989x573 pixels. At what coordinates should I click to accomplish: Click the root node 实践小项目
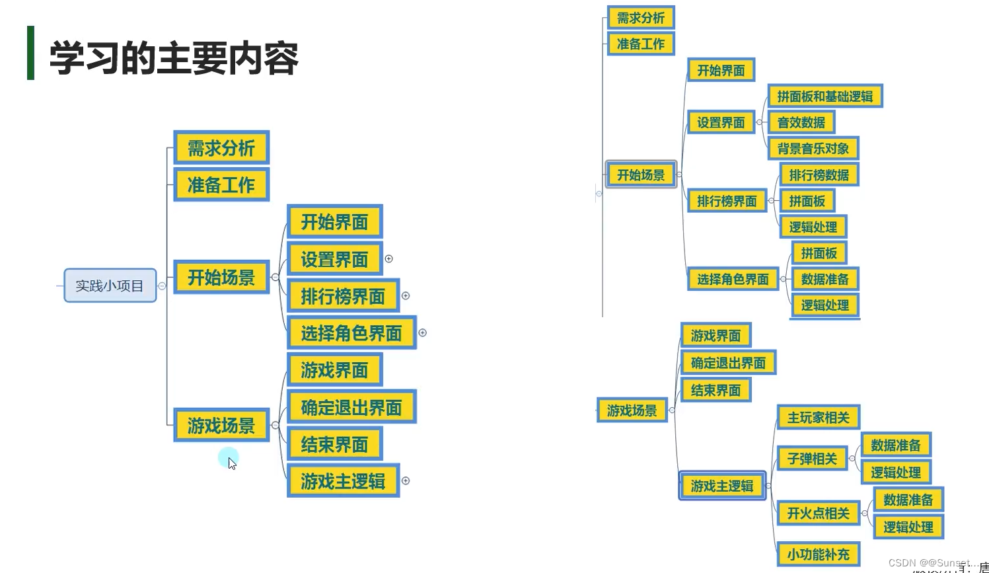pyautogui.click(x=110, y=286)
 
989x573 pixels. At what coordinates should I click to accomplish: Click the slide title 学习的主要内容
pyautogui.click(x=174, y=58)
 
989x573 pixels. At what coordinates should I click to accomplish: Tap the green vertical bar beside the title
pyautogui.click(x=30, y=53)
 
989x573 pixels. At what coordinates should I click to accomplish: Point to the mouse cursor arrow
pyautogui.click(x=231, y=463)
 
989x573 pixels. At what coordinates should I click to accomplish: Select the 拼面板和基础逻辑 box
pyautogui.click(x=824, y=96)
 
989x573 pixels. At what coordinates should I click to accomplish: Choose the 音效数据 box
pyautogui.click(x=801, y=122)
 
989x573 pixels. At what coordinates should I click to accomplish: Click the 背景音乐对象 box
pyautogui.click(x=813, y=149)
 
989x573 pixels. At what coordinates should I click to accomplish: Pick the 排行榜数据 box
pyautogui.click(x=819, y=174)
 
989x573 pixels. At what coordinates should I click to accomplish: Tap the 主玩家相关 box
pyautogui.click(x=818, y=417)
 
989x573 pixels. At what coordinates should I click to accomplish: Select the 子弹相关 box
pyautogui.click(x=812, y=458)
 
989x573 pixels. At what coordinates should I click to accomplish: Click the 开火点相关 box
pyautogui.click(x=818, y=513)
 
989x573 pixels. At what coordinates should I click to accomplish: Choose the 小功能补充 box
pyautogui.click(x=818, y=554)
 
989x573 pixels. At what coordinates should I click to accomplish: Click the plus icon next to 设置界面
pyautogui.click(x=389, y=259)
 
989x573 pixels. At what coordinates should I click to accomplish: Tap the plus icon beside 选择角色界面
pyautogui.click(x=423, y=332)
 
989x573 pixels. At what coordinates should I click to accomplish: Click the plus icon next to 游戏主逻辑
pyautogui.click(x=406, y=480)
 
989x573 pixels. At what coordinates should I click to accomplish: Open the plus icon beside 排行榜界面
pyautogui.click(x=406, y=295)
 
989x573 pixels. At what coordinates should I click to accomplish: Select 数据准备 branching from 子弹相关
pyautogui.click(x=895, y=445)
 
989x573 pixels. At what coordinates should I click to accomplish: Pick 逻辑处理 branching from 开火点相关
pyautogui.click(x=908, y=527)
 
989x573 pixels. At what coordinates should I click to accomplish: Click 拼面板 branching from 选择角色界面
pyautogui.click(x=819, y=253)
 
